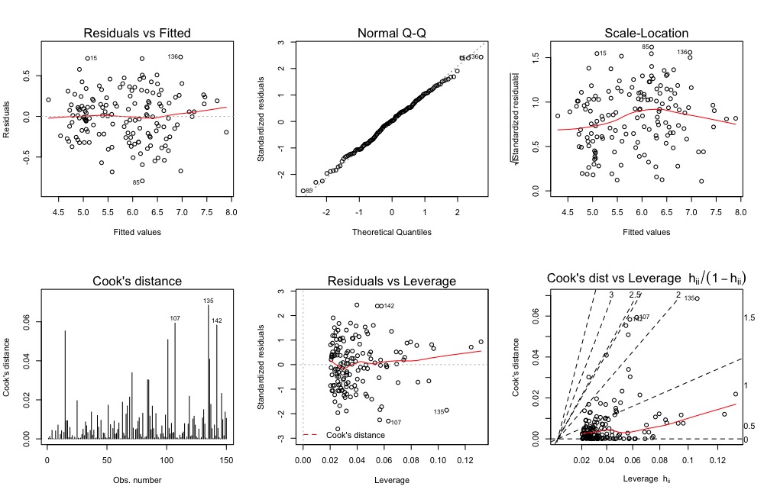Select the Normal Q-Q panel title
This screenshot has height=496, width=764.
[x=392, y=33]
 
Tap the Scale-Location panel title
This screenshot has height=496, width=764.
[x=647, y=33]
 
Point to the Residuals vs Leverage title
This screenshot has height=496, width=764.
[x=392, y=281]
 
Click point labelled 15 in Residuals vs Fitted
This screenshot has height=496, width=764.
[x=87, y=58]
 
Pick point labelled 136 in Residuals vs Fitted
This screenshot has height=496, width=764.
[x=181, y=56]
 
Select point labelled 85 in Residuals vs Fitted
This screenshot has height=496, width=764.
[x=143, y=181]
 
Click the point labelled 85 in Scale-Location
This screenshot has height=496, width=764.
[x=652, y=47]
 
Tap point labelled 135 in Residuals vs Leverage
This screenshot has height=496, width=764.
[x=446, y=411]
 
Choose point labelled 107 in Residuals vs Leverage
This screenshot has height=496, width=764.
[x=388, y=421]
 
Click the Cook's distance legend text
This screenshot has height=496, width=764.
[x=355, y=434]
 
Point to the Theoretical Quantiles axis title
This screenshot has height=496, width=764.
[x=392, y=231]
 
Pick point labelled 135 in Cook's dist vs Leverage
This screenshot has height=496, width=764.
[x=697, y=298]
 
